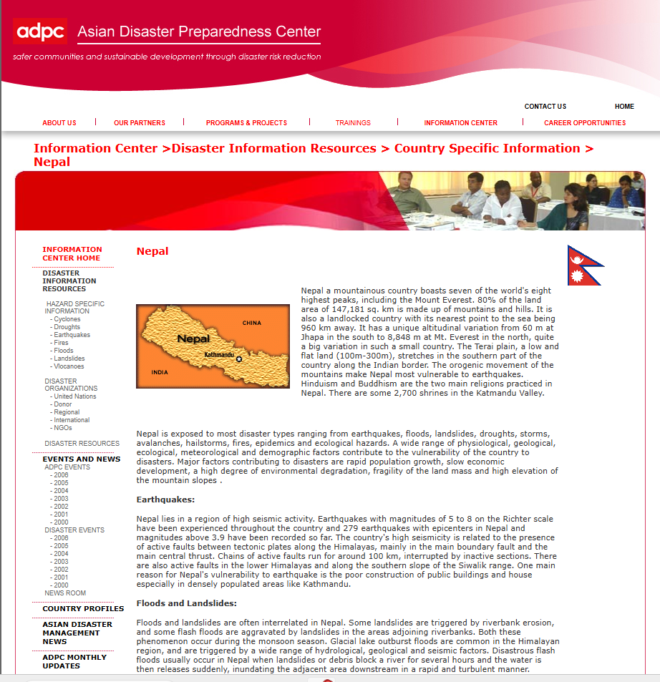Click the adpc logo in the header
click(40, 31)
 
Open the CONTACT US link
click(545, 107)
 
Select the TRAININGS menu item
click(353, 123)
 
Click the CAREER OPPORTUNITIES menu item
click(585, 123)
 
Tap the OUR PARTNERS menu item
click(140, 123)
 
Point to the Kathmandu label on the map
click(219, 355)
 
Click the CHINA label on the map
click(252, 323)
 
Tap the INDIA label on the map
click(160, 372)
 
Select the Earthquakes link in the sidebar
click(72, 335)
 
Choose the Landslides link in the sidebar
click(69, 359)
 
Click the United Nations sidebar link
click(74, 396)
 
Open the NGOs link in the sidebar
click(63, 428)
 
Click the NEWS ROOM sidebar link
click(65, 593)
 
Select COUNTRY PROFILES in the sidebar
click(83, 609)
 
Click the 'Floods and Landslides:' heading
click(186, 603)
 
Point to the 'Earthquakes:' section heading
click(165, 500)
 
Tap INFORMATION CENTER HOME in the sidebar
click(72, 254)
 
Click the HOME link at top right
click(624, 107)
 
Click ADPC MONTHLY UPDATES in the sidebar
click(74, 661)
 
